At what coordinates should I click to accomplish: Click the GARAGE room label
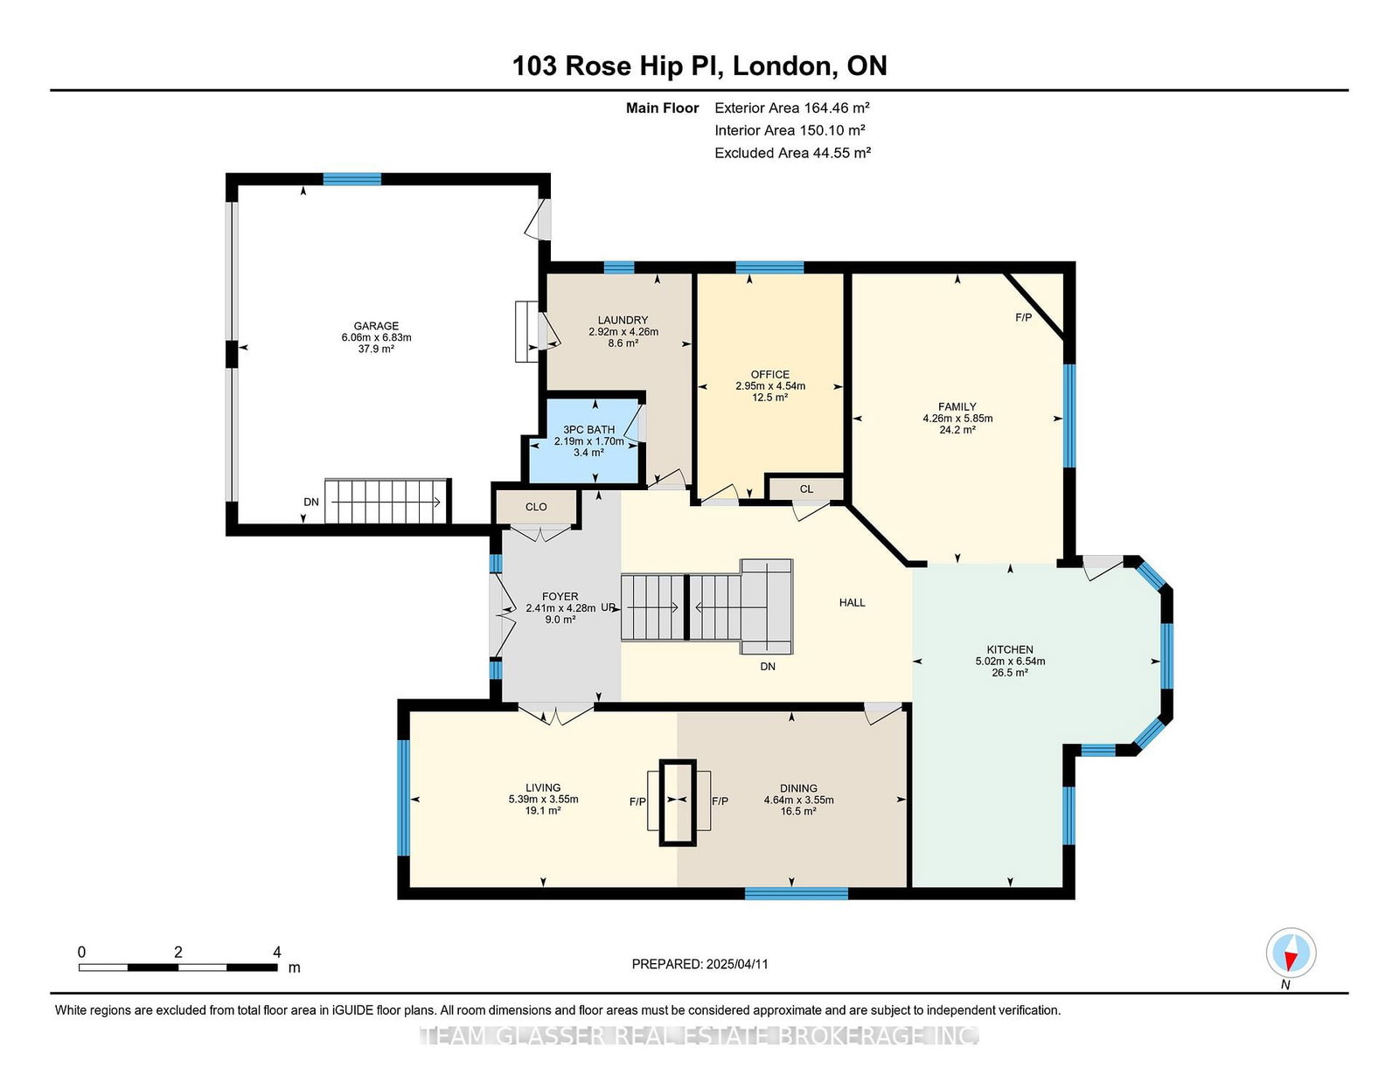(x=376, y=326)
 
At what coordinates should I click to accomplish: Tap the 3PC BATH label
(x=588, y=430)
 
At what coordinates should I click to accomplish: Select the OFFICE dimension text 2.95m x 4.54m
(x=770, y=386)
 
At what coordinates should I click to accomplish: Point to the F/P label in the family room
(x=1023, y=318)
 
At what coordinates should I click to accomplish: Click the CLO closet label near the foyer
(x=536, y=507)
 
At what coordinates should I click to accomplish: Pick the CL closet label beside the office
(x=806, y=489)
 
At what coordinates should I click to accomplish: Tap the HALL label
(x=852, y=603)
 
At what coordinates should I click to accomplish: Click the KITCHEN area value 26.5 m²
(x=1010, y=672)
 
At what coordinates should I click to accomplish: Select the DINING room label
(x=798, y=788)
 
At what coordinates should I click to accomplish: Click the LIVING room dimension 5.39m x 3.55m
(x=543, y=799)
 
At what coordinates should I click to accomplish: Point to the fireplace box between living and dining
(x=678, y=802)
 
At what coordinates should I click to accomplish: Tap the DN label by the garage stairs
(x=311, y=502)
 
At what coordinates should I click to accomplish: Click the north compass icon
(x=1291, y=953)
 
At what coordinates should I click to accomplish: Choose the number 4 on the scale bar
(x=277, y=953)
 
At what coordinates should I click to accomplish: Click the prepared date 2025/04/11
(x=736, y=964)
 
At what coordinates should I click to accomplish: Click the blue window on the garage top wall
(x=351, y=179)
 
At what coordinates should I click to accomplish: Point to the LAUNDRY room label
(x=623, y=321)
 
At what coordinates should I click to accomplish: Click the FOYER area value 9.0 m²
(x=560, y=620)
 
